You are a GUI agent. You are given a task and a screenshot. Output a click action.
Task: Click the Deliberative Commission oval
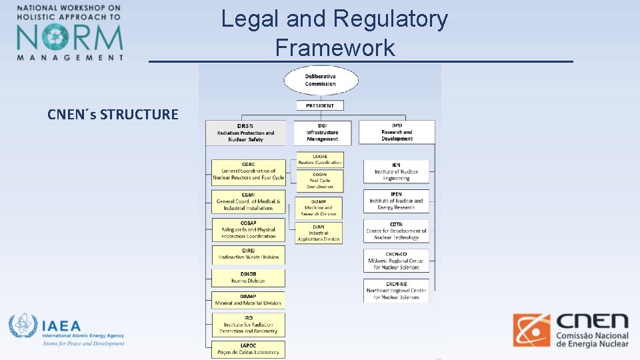point(321,80)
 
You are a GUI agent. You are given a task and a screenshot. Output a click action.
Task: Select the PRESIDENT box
point(320,105)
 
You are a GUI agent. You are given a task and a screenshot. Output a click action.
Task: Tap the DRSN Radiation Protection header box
point(245,133)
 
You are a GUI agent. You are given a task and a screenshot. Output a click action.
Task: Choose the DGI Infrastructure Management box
point(322,133)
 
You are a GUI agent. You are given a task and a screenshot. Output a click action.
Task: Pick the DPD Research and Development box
point(397,132)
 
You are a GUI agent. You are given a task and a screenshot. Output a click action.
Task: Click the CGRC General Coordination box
point(249,171)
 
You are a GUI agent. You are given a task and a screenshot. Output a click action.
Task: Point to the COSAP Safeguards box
point(249,230)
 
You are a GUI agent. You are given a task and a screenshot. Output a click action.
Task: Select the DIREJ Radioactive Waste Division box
point(249,254)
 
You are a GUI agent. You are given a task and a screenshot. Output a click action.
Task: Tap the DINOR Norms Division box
point(249,278)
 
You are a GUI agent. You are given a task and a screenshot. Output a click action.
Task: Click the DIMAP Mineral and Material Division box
point(249,300)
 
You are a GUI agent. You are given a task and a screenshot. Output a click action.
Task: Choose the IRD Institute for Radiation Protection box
point(249,325)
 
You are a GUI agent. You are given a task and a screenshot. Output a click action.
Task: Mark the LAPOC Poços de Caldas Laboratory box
point(249,349)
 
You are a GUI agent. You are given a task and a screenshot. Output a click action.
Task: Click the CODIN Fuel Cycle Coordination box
point(320,181)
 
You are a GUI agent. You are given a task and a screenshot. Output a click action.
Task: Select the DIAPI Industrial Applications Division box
point(319,233)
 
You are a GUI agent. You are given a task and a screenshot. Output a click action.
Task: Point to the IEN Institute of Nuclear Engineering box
point(396,172)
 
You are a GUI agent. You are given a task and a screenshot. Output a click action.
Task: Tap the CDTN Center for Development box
point(396,231)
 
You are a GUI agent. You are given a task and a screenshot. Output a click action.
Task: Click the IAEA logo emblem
point(23,327)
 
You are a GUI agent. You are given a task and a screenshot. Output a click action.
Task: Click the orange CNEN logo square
point(531,331)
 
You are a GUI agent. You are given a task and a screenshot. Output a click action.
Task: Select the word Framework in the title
point(335,48)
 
